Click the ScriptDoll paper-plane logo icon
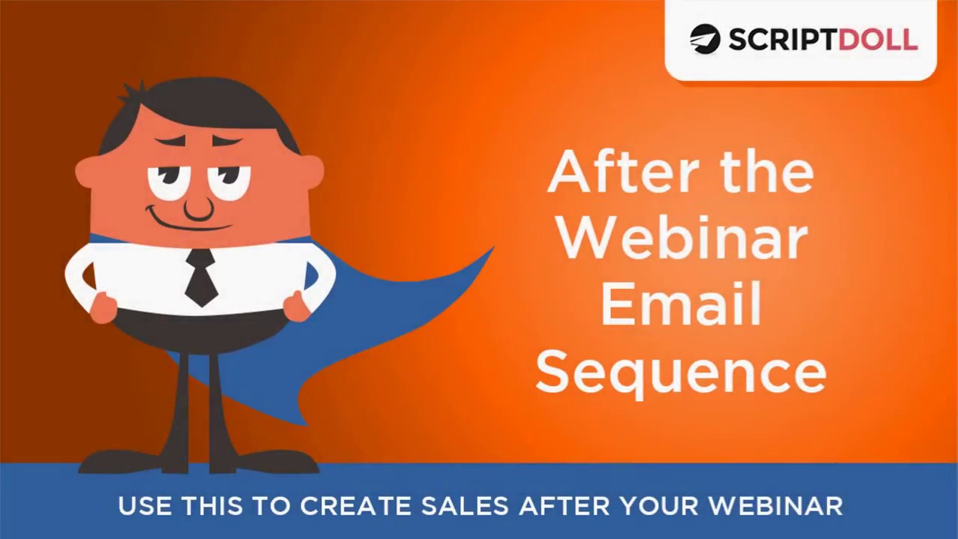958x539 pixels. click(x=704, y=39)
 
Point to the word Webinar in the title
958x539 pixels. click(x=681, y=238)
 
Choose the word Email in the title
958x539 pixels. click(x=681, y=304)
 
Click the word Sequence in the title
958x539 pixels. click(x=681, y=372)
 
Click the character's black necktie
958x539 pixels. click(x=201, y=277)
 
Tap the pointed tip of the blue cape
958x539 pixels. click(x=491, y=249)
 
